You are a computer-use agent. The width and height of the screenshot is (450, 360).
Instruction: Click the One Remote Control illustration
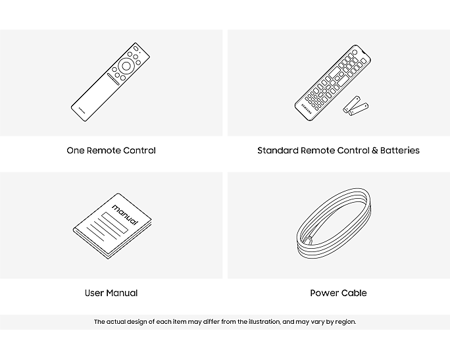click(x=111, y=82)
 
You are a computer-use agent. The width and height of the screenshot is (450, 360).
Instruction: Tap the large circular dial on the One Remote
click(x=126, y=66)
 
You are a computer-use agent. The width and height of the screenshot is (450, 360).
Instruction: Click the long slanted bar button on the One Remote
click(x=113, y=79)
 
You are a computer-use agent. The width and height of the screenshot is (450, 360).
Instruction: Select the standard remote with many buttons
click(x=333, y=83)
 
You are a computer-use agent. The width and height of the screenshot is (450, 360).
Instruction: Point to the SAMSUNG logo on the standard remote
click(x=306, y=108)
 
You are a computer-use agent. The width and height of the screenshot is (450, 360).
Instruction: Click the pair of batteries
click(x=355, y=106)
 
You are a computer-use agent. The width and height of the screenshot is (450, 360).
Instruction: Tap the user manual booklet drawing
click(x=113, y=226)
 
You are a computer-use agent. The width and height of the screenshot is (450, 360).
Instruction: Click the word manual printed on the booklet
click(x=125, y=215)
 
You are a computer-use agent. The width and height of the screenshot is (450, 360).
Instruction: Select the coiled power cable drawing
click(x=334, y=223)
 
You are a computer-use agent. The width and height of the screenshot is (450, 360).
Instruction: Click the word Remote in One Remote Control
click(x=103, y=151)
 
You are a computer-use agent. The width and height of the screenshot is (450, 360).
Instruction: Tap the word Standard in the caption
click(x=278, y=151)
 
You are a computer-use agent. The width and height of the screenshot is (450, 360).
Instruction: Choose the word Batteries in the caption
click(x=400, y=151)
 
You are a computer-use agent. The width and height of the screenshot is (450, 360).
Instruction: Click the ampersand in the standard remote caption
click(x=375, y=151)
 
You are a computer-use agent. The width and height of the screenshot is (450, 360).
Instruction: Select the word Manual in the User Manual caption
click(x=122, y=293)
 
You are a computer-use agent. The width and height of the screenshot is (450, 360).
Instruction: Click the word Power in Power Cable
click(x=323, y=293)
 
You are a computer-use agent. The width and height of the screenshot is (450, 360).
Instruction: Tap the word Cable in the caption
click(x=353, y=293)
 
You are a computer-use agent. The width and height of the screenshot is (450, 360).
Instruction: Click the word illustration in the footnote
click(x=264, y=322)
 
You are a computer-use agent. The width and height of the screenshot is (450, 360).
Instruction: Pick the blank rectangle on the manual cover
click(x=114, y=222)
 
